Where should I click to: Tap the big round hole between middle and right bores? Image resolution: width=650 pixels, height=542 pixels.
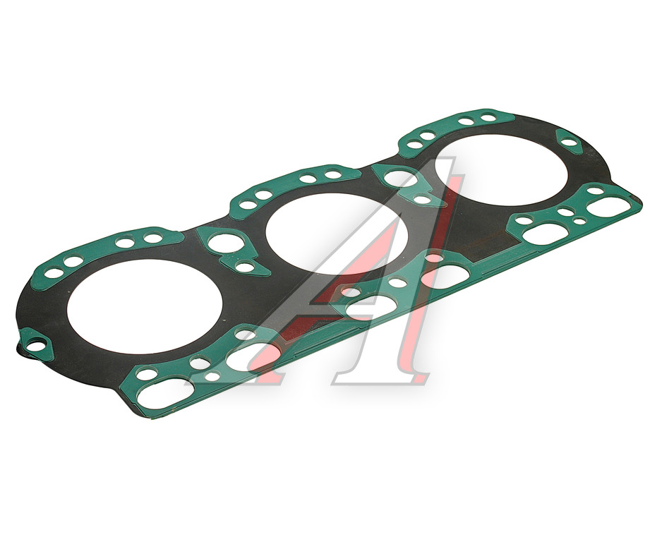click(400, 178)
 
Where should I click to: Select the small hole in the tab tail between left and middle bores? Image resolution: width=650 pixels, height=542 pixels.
click(244, 267)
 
